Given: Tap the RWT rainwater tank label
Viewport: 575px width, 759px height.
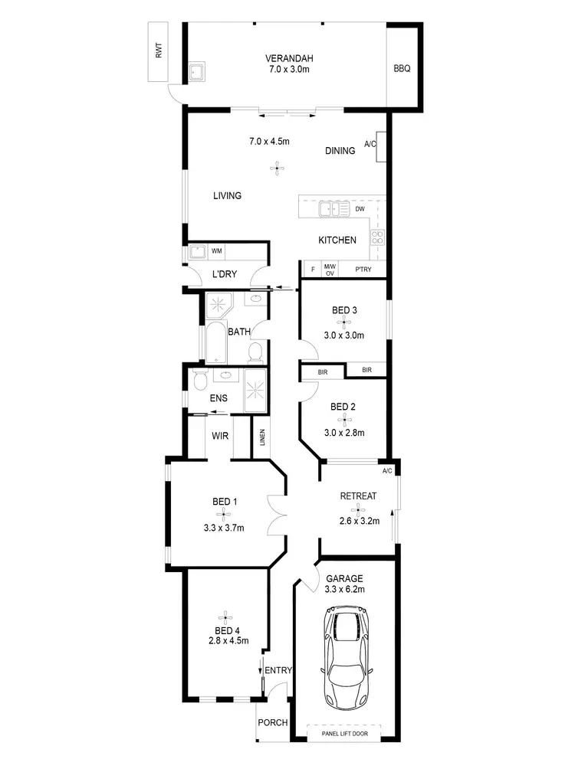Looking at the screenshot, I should pos(159,52).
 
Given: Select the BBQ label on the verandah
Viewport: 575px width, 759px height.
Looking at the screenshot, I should pos(402,68).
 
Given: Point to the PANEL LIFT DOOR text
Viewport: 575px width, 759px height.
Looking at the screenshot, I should pos(344,734).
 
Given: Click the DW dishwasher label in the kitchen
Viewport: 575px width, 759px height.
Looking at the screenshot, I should pos(360,208).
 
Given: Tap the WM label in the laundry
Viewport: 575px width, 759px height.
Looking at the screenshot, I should pos(217,250).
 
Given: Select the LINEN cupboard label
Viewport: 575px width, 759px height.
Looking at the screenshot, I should pos(262,438).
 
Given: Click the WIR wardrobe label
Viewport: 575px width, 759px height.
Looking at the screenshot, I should pos(221,437).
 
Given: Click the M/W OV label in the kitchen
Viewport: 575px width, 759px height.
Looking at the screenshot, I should pos(330,270).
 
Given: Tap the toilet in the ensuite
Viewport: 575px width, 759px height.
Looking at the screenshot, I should pos(199,381).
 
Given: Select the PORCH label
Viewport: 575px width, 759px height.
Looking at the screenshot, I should pos(272,722).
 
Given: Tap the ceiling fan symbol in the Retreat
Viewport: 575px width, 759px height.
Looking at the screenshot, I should pos(357,509).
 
